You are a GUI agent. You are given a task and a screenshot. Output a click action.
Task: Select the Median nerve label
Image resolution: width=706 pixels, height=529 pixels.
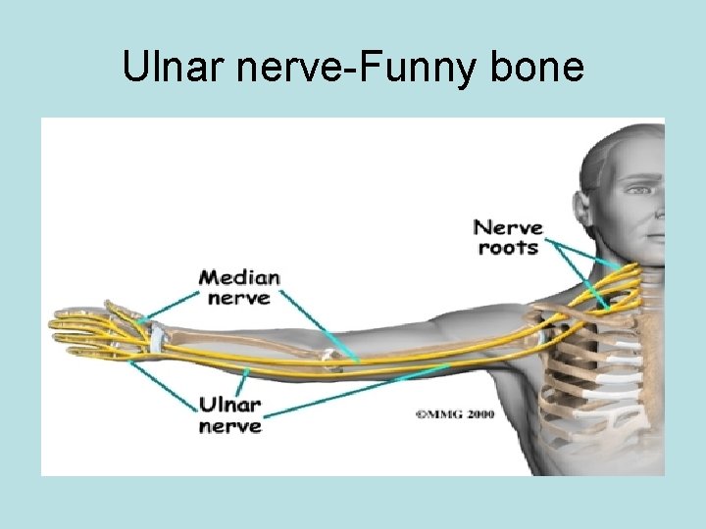[239, 287]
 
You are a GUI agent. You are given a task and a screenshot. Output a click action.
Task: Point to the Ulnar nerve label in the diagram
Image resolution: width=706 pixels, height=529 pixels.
[230, 414]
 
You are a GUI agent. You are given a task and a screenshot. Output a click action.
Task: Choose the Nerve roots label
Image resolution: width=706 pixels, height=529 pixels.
[508, 238]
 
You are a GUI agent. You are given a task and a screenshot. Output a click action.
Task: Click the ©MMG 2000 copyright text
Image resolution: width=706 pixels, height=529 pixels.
[454, 414]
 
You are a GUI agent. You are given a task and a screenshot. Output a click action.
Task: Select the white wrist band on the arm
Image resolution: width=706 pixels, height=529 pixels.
[155, 338]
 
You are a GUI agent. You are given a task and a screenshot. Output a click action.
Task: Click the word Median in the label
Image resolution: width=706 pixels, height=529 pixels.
[239, 277]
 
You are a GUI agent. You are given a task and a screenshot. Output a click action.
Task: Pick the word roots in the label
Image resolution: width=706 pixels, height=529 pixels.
[508, 248]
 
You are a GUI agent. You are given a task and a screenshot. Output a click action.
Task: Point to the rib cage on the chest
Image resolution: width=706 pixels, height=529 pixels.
[598, 372]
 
